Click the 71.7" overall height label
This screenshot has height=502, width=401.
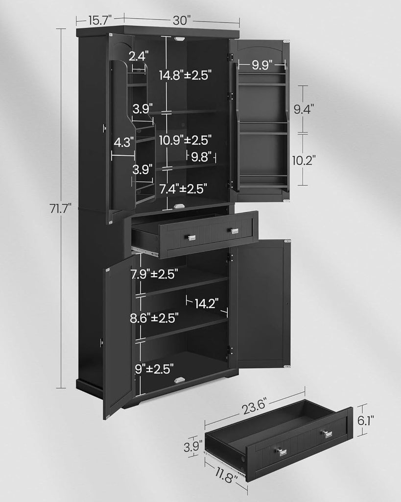61,208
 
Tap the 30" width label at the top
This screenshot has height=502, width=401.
181,20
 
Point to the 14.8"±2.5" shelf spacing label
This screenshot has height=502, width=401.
185,75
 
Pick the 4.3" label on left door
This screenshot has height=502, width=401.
124,142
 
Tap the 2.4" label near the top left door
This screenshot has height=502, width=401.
139,56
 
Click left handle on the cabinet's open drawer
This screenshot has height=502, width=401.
191,238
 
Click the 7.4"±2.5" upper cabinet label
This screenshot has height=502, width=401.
183,187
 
